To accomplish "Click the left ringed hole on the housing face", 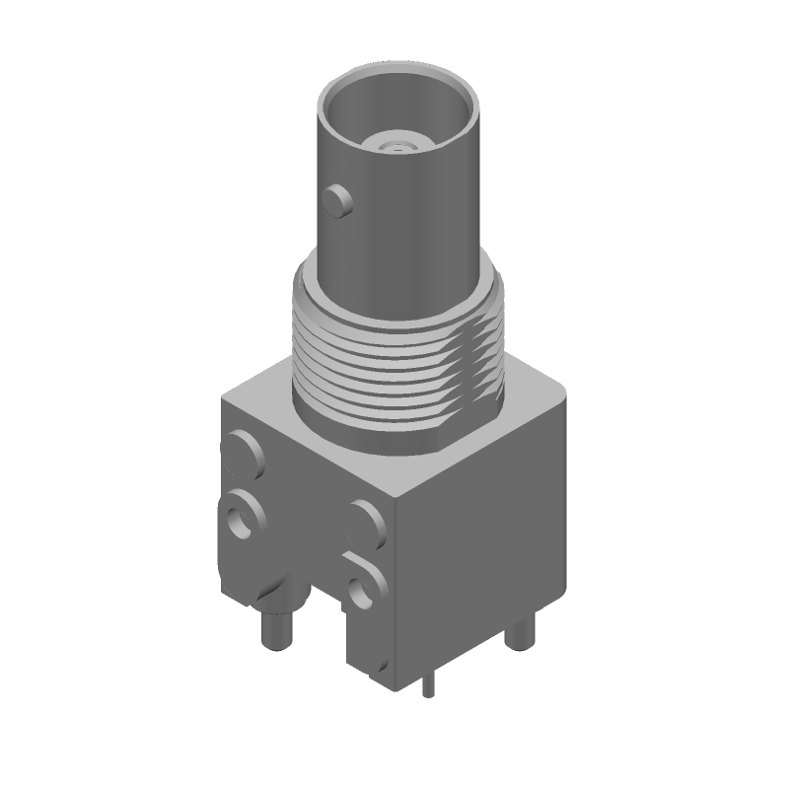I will [x=240, y=514].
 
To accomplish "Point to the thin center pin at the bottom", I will [x=428, y=685].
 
